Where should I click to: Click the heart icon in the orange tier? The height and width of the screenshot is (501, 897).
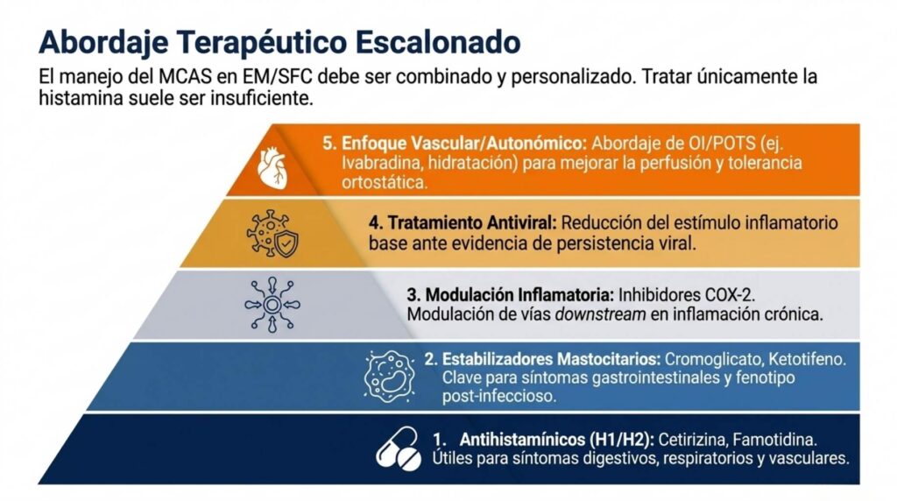pos(272,169)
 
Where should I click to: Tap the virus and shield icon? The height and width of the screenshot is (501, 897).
pos(272,233)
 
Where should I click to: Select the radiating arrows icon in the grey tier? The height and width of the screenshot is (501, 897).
pos(272,305)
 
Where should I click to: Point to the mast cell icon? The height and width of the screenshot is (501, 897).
pos(390,377)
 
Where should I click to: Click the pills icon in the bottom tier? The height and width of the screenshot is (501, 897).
pos(399,449)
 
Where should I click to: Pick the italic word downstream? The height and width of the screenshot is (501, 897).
pos(600,314)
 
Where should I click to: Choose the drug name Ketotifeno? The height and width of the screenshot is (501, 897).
pos(807,360)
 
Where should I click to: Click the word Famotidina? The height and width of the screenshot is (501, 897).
pos(774,440)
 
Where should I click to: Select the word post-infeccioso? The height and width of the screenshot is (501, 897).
pos(498,396)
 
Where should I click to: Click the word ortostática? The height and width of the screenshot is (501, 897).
pos(385,182)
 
